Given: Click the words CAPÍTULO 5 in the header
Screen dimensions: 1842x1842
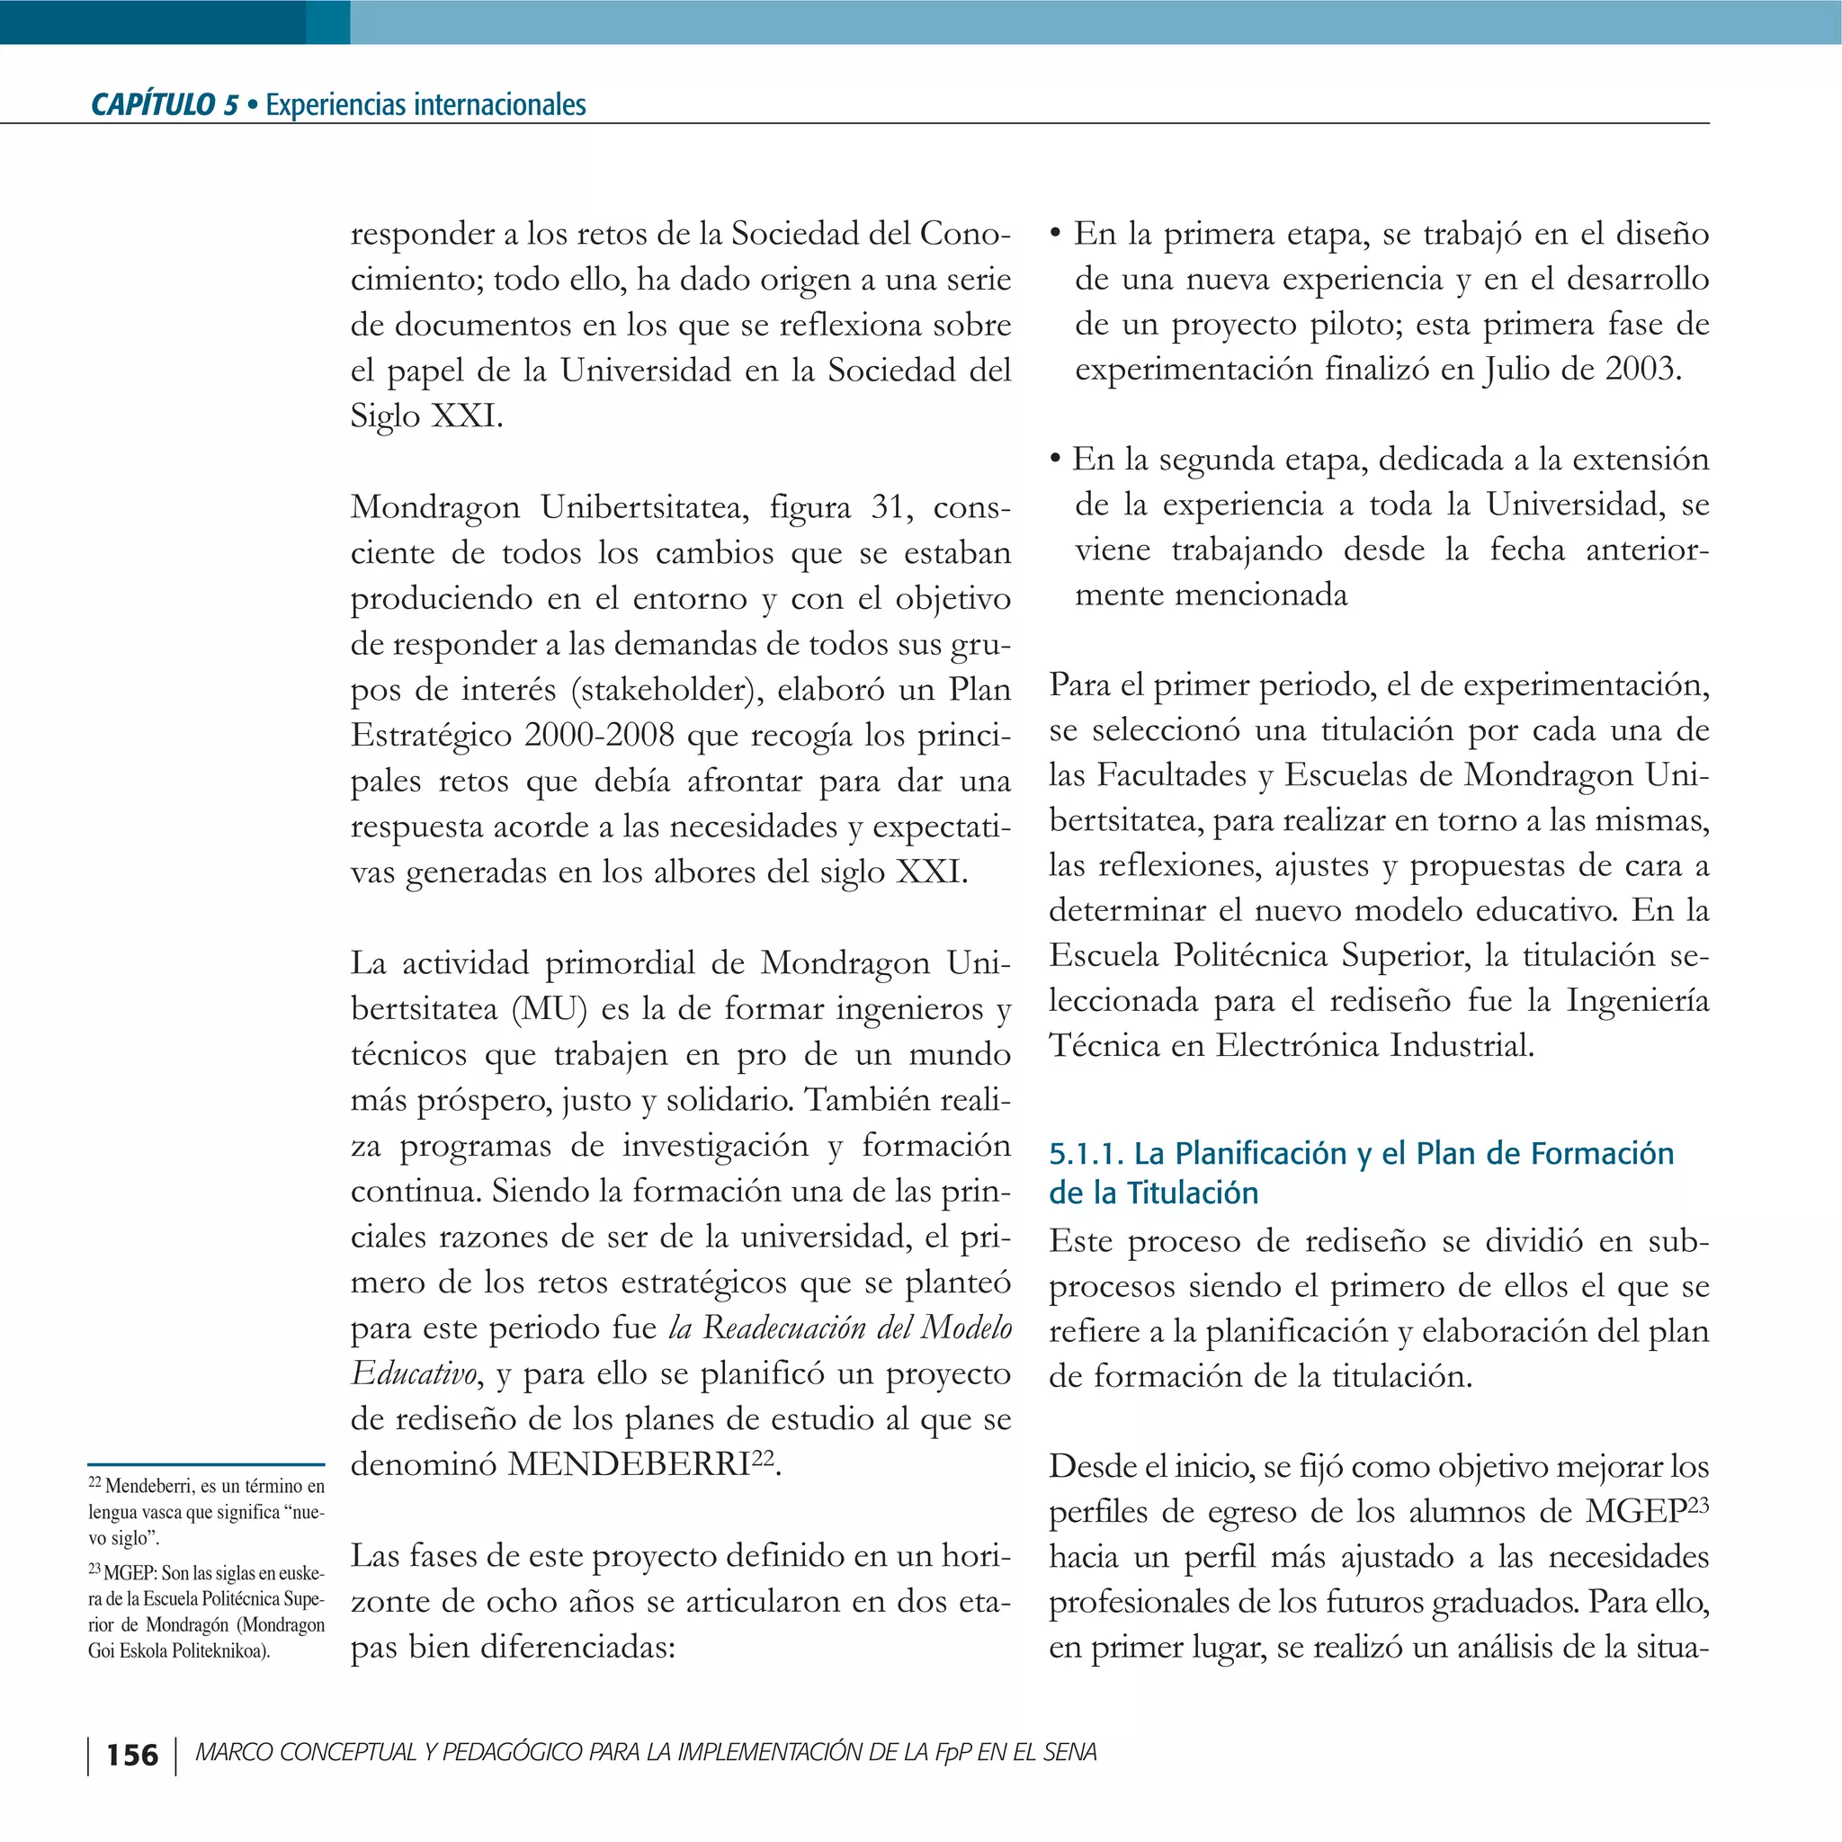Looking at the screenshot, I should coord(164,104).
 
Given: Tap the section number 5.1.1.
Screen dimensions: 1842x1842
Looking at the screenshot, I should coord(1086,1154).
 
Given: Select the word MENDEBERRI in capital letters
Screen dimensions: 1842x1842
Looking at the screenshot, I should coord(629,1463).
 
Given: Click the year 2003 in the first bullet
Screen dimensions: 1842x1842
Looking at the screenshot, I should coord(1641,369).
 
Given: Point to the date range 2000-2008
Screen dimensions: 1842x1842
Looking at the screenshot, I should coord(600,735).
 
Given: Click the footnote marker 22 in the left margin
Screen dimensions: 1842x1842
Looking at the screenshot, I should coord(94,1483).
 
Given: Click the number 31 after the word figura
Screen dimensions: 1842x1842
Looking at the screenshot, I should coord(886,507).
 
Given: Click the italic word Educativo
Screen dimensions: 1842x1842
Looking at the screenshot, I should coord(413,1373).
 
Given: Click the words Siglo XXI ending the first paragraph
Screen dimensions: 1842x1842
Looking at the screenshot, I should coord(425,416).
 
